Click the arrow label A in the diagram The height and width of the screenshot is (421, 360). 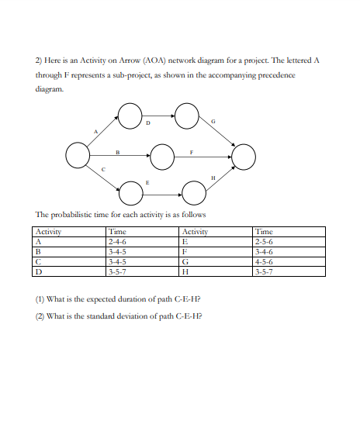point(96,131)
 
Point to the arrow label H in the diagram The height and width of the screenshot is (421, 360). point(213,179)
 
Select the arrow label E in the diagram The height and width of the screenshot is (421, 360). point(147,179)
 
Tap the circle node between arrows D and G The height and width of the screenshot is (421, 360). point(186,116)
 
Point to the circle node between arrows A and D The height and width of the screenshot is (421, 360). point(129,116)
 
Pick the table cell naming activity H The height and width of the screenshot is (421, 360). point(185,271)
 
